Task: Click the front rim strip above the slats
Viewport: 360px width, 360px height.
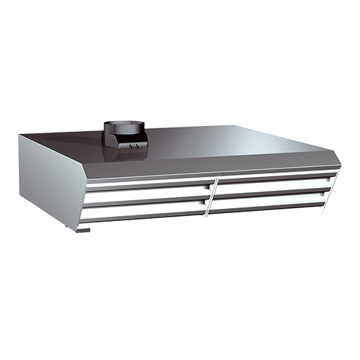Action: (x=209, y=171)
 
